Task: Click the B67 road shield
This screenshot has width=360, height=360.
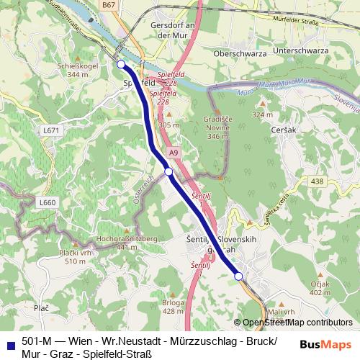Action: tap(129, 5)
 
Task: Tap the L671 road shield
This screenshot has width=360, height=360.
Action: tap(50, 130)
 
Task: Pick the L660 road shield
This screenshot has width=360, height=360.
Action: tap(47, 203)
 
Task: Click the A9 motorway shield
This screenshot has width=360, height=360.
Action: tap(174, 153)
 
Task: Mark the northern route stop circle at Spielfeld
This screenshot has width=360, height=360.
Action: tap(120, 65)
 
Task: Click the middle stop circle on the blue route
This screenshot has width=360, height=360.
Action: tap(168, 171)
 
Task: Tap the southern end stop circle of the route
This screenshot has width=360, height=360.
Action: tap(238, 276)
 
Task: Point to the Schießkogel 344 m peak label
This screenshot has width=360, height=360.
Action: tap(62, 69)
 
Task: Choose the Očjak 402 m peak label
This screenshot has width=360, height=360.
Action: tap(319, 288)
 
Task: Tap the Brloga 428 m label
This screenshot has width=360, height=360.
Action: tap(172, 307)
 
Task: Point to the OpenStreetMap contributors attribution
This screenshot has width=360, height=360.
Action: tap(297, 323)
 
